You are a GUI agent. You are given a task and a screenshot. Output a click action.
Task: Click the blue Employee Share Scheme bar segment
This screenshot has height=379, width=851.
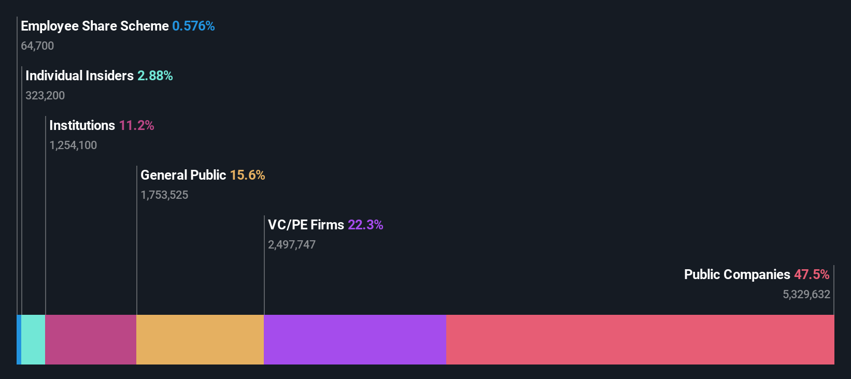point(19,340)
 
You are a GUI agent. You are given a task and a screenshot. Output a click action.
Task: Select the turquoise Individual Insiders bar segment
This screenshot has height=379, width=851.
point(33,340)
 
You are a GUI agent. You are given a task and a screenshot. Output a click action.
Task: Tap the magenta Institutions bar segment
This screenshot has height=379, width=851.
point(91,340)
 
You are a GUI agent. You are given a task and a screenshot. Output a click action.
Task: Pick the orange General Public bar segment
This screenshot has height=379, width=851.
point(200,340)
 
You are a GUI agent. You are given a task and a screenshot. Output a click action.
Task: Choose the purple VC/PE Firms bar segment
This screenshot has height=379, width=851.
point(355,340)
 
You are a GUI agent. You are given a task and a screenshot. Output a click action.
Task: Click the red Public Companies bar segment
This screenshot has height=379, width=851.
point(640,340)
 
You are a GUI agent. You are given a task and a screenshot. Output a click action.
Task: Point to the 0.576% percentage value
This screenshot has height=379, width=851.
point(193,26)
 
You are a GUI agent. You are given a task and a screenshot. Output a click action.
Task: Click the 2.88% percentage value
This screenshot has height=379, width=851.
point(155,76)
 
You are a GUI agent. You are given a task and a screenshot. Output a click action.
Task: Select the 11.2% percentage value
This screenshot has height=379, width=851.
point(136,125)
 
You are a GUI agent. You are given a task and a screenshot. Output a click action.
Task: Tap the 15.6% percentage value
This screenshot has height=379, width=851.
point(247,175)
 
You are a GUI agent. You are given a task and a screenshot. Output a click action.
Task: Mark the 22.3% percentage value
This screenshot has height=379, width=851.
point(365,225)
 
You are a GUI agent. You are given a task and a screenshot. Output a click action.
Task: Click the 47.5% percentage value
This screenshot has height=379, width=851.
point(812,274)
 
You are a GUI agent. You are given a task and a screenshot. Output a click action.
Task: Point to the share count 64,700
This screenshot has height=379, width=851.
point(37,46)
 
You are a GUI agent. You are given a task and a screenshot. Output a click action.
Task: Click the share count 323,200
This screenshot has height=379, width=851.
point(45,95)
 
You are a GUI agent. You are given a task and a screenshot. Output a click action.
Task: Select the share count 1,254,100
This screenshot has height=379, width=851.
point(73,145)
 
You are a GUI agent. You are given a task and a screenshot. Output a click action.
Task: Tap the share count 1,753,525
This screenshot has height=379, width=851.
point(164,195)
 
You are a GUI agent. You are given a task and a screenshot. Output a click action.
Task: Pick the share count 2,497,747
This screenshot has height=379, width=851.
point(292,244)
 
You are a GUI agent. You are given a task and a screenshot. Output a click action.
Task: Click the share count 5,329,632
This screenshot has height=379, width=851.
point(806,294)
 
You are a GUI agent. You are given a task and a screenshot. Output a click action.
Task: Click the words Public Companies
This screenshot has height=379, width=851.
point(737,274)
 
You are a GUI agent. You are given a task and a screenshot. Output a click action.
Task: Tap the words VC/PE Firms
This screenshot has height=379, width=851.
point(306,225)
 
